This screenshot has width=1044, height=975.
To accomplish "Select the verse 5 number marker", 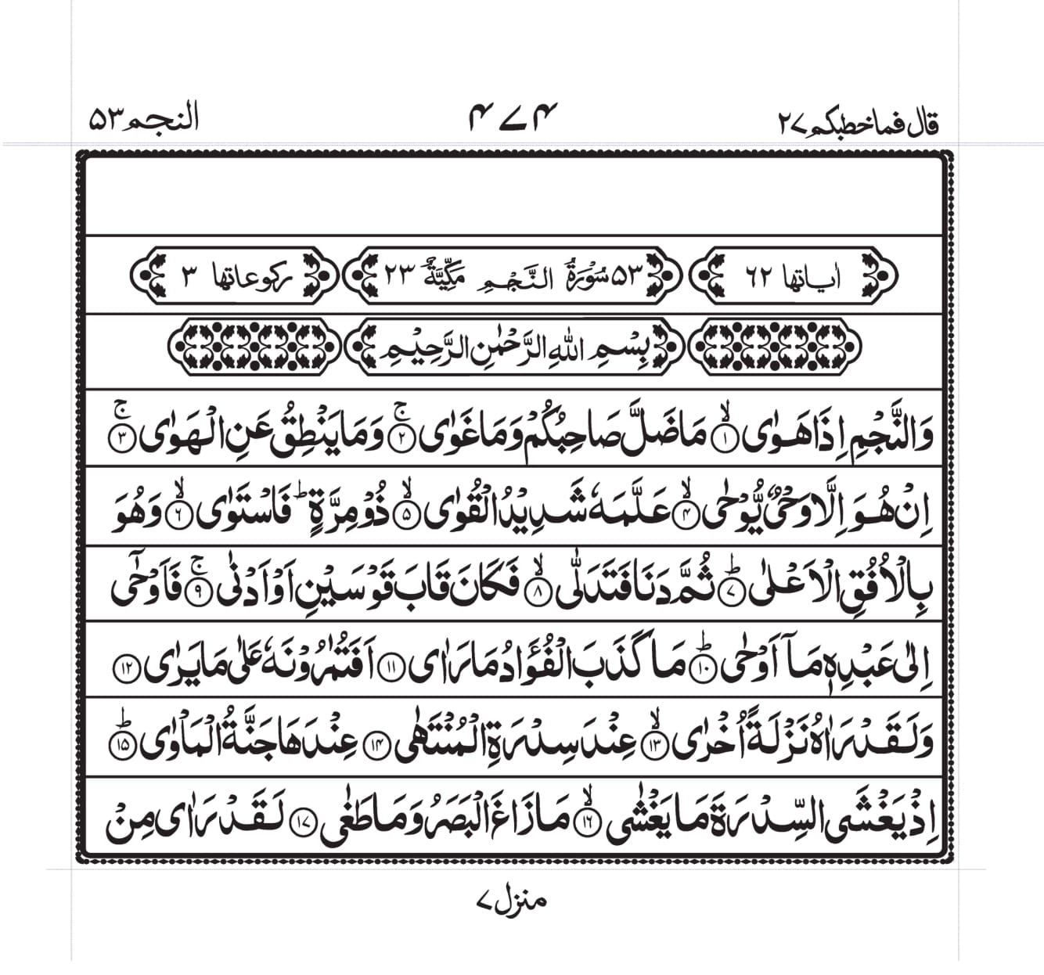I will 405,516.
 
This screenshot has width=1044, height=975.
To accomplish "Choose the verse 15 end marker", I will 124,746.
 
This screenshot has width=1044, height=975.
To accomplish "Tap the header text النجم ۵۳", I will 144,120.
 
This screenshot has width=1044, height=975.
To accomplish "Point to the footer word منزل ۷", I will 511,900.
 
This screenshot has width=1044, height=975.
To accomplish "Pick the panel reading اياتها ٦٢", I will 794,275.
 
